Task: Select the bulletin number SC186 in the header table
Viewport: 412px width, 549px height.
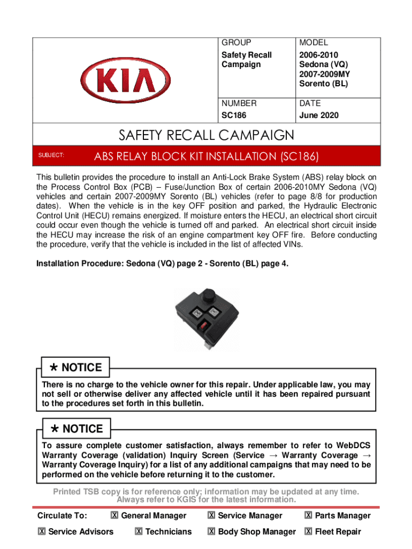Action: [x=234, y=115]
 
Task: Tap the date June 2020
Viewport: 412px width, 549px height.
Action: [x=319, y=115]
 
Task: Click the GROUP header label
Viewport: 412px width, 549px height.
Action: [x=236, y=42]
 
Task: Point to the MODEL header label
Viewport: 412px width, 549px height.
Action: [x=314, y=42]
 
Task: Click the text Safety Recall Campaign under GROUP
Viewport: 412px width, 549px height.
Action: [x=247, y=60]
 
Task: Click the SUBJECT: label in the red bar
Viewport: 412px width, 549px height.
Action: [x=51, y=155]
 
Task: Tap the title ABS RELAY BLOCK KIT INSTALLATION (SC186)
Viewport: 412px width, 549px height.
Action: [x=207, y=157]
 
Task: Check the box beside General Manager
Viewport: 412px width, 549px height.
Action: [x=115, y=516]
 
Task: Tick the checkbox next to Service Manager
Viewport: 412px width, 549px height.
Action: [x=211, y=516]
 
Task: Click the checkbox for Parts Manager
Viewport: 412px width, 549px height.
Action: [x=308, y=516]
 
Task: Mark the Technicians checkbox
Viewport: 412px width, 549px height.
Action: [x=139, y=532]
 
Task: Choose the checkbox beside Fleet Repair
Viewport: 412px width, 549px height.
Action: [x=308, y=532]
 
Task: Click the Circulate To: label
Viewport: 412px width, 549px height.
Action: [x=62, y=516]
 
